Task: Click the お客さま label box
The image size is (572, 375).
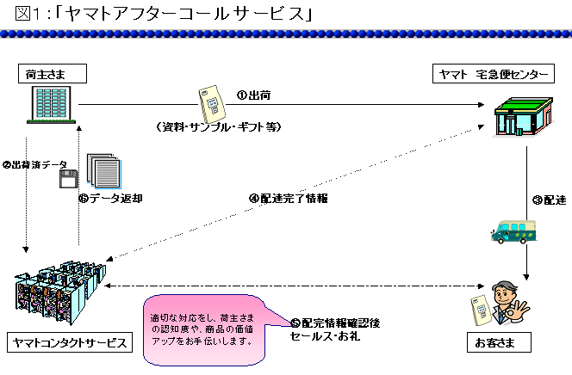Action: coord(494,343)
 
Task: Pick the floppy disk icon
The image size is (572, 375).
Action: coord(68,179)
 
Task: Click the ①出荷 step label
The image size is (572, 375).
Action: coord(256,95)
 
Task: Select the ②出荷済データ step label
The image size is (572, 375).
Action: coord(34,164)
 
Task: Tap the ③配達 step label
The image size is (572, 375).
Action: coord(549,200)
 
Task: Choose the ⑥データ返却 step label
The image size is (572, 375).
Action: coord(109,197)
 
